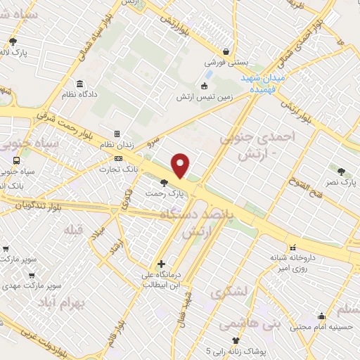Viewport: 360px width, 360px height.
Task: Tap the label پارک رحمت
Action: coord(165,191)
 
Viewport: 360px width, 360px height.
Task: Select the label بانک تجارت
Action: coord(117,169)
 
